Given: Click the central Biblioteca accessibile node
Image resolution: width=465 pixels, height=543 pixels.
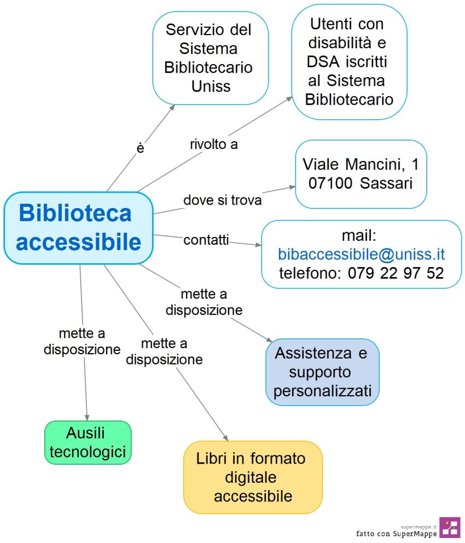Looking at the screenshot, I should point(78,228).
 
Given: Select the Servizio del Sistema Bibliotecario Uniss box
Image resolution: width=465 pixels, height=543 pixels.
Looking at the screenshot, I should point(211,57).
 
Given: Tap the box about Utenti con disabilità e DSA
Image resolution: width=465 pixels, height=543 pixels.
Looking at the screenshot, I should point(349,61).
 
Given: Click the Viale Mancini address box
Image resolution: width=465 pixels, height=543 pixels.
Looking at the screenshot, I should point(361,174).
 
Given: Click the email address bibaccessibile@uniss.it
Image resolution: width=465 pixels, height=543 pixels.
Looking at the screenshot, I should point(362,255).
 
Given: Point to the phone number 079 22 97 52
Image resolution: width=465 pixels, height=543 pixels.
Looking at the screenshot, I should point(395,273).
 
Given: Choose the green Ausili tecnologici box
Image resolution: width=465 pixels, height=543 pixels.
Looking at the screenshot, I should point(88,442).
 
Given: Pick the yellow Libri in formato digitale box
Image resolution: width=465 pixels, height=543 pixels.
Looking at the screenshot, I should point(253,477).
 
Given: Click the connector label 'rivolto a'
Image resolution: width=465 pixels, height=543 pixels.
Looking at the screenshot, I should point(213,145).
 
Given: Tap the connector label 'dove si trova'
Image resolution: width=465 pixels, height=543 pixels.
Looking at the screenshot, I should point(222,200).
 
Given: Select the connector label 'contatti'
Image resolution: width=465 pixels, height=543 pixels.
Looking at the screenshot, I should point(206,240).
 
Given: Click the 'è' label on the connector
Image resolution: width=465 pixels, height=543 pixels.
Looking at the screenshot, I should point(140,148).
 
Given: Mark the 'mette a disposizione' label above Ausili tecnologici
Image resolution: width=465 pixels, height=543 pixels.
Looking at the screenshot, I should point(82,341).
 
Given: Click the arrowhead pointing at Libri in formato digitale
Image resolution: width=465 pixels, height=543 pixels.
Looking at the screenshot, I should point(225,436).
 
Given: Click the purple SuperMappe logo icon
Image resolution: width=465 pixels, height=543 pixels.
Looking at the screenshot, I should point(450,528).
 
